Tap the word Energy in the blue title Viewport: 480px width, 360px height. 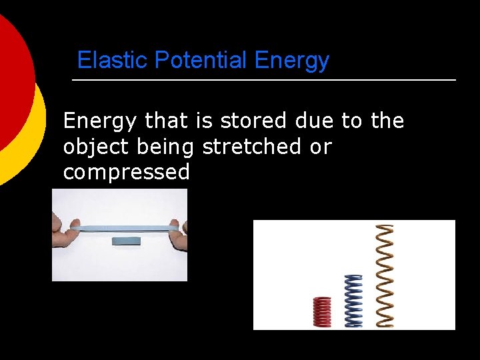[292, 61]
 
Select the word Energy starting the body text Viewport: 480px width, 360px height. [101, 121]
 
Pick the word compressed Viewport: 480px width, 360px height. [126, 173]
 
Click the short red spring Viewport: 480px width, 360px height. [322, 311]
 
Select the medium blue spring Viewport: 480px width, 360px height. [353, 301]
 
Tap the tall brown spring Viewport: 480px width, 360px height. [385, 275]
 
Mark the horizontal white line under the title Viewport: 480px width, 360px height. [263, 80]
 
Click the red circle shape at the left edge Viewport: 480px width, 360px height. [12, 80]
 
